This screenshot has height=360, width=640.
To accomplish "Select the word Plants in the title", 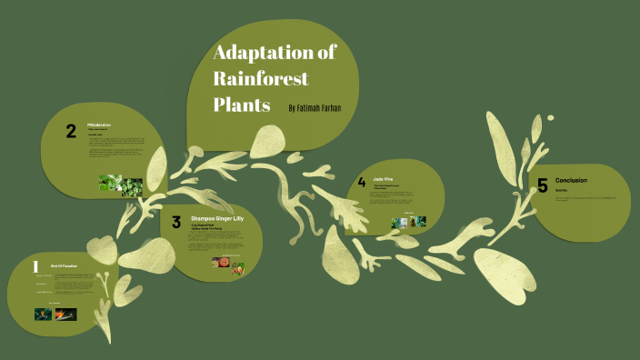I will pos(242,105).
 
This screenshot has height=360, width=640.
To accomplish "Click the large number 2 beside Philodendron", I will pos(71,132).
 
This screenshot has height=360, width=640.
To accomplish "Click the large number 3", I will pos(176,221).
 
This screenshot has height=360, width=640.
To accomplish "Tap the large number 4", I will pos(362,183).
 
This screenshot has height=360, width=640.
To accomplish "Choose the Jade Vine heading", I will pos(383,181).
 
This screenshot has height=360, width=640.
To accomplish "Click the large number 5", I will pos(542,185).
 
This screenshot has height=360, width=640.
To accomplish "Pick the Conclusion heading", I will pos(571,180).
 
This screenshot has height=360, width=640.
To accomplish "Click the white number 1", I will pos(35,267).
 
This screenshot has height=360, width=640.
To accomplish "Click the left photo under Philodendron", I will pos(110,183).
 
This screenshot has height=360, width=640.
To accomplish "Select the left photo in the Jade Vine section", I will pos(398,223).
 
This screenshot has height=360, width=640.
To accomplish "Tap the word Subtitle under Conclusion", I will pos(560,191).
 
